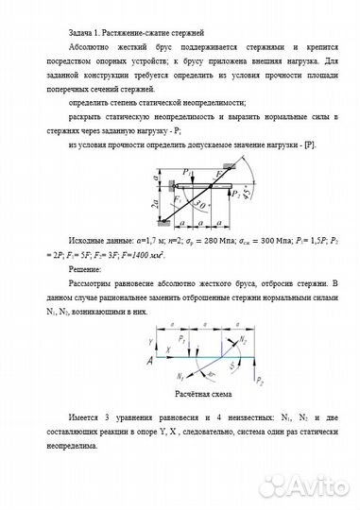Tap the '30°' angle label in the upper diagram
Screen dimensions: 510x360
[201, 206]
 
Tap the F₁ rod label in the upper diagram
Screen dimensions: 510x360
[178, 198]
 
